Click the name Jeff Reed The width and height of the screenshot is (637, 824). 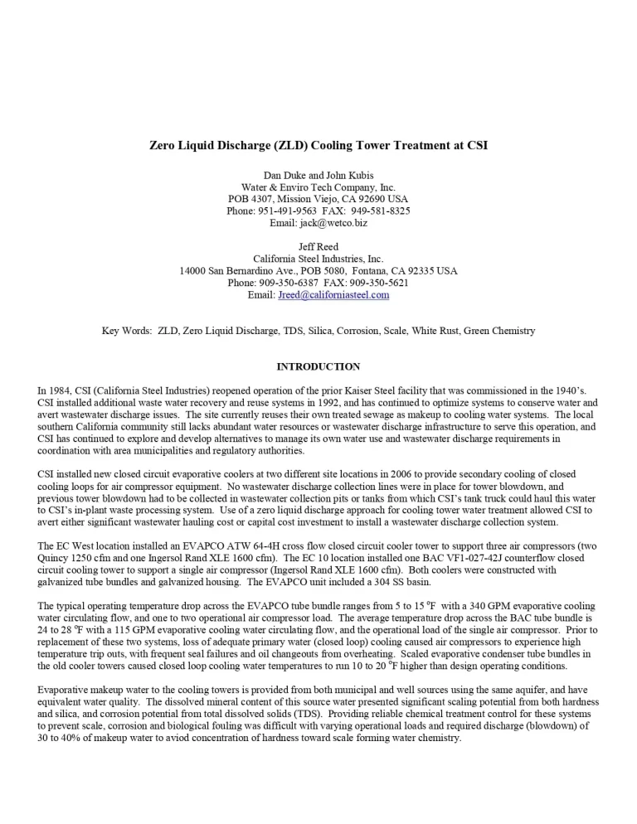318,247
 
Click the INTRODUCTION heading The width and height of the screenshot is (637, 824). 318,366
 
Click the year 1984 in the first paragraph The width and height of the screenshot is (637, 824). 61,390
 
